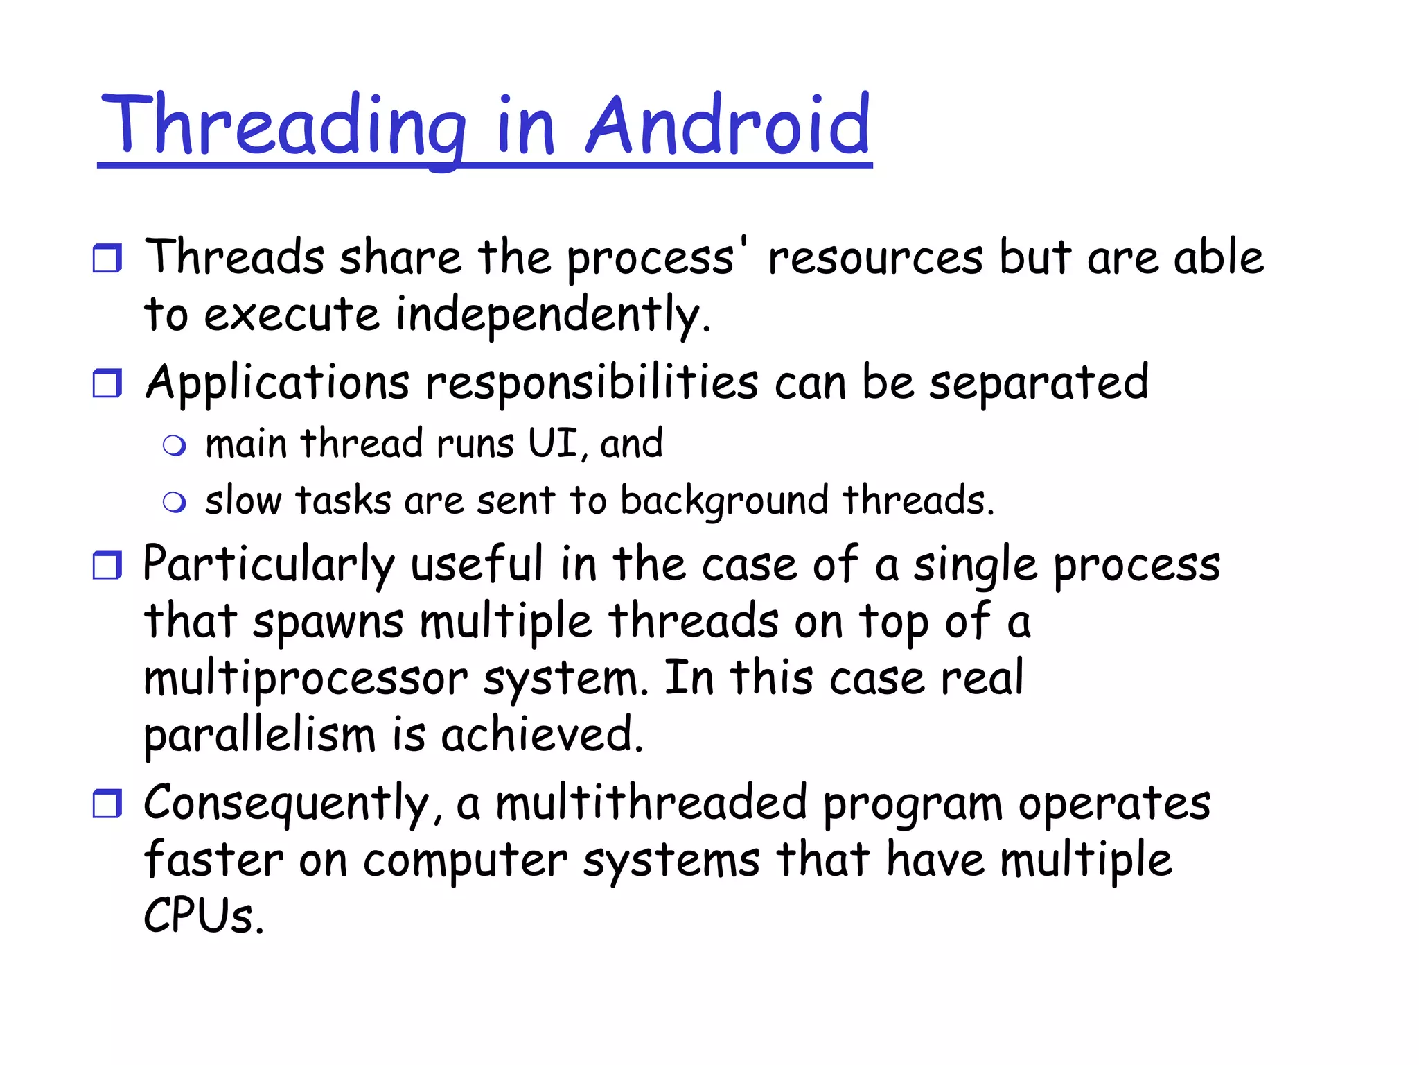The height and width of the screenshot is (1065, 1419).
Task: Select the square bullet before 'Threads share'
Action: pyautogui.click(x=107, y=258)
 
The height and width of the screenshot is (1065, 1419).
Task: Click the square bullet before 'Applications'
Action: pyautogui.click(x=107, y=383)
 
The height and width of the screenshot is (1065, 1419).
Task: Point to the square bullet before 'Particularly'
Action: pyautogui.click(x=107, y=564)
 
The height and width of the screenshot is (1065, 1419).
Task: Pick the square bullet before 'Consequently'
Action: pyautogui.click(x=107, y=804)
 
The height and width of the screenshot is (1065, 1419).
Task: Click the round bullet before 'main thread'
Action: pyautogui.click(x=175, y=445)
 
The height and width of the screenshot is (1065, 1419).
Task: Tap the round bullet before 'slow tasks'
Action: pyautogui.click(x=175, y=502)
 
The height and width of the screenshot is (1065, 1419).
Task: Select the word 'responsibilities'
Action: pyautogui.click(x=592, y=383)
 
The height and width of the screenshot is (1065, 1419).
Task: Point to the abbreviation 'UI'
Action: pyautogui.click(x=552, y=443)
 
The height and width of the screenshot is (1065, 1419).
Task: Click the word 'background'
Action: pyautogui.click(x=724, y=501)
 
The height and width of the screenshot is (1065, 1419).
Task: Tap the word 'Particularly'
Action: pyautogui.click(x=269, y=564)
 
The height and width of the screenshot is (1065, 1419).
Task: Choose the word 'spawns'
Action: pyautogui.click(x=328, y=622)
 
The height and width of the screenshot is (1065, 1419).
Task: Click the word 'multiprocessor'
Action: pyautogui.click(x=306, y=679)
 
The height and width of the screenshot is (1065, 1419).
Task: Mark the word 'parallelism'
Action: pyautogui.click(x=260, y=735)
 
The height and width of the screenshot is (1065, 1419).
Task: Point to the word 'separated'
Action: pyautogui.click(x=1039, y=383)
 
